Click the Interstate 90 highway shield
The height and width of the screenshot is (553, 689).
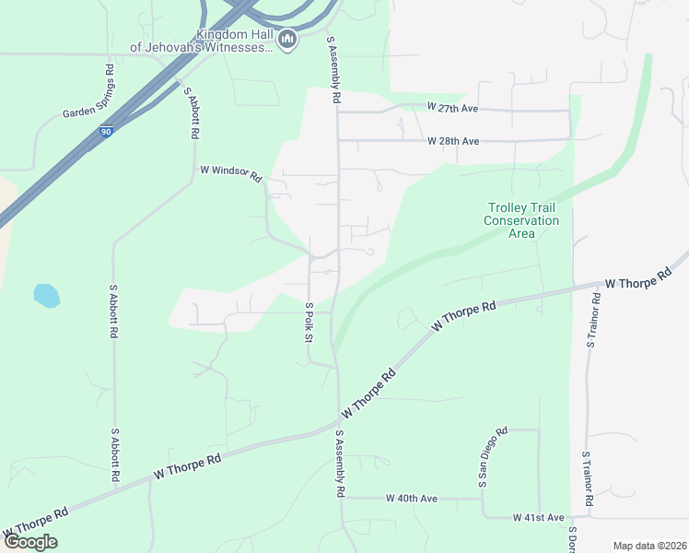(107, 133)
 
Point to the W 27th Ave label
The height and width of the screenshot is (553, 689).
(452, 108)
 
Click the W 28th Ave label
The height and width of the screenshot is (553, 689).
(453, 141)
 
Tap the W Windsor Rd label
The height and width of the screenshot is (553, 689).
(231, 172)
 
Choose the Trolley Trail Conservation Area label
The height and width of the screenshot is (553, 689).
(521, 220)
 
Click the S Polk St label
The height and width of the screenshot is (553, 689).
(309, 322)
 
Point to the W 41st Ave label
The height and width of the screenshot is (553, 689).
(538, 518)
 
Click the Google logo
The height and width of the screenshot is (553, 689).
(30, 541)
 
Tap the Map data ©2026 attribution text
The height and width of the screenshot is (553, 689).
(649, 546)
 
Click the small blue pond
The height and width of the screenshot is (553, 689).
(46, 295)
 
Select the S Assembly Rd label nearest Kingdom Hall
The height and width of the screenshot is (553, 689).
(334, 69)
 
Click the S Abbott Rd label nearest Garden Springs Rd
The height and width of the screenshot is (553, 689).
(192, 112)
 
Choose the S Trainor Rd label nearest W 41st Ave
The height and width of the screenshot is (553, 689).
(586, 478)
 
